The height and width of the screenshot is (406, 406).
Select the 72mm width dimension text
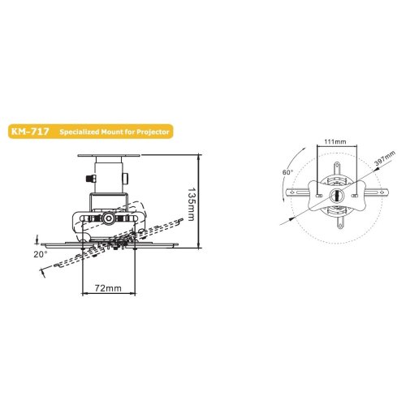click(x=108, y=288)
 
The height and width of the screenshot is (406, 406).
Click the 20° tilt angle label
click(x=41, y=254)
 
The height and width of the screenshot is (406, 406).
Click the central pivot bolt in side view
click(x=108, y=218)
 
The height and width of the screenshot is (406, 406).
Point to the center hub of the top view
click(x=335, y=197)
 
